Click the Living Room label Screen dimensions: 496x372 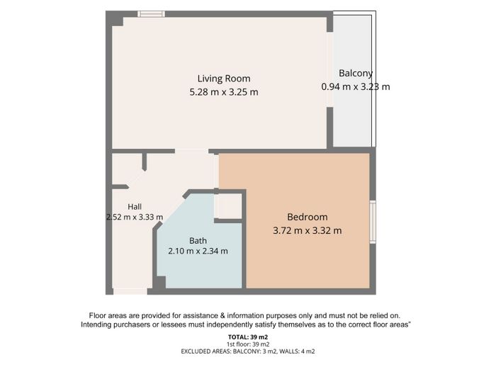pyautogui.click(x=224, y=79)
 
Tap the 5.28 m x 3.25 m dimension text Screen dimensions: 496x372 pyautogui.click(x=224, y=92)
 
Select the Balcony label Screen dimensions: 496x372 pyautogui.click(x=356, y=74)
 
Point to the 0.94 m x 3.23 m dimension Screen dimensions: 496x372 pyautogui.click(x=356, y=86)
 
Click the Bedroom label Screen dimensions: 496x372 pyautogui.click(x=307, y=217)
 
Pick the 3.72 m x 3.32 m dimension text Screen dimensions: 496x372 pyautogui.click(x=307, y=230)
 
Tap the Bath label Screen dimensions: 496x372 pyautogui.click(x=198, y=241)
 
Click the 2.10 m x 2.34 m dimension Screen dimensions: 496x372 pyautogui.click(x=198, y=251)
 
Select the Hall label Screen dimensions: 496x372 pyautogui.click(x=135, y=207)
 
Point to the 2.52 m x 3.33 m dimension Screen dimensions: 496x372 pyautogui.click(x=135, y=217)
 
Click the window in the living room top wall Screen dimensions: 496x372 pyautogui.click(x=151, y=14)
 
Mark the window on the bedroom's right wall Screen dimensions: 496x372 pyautogui.click(x=373, y=222)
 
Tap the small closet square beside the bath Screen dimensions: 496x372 pyautogui.click(x=227, y=206)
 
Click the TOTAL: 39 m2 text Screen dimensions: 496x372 pyautogui.click(x=248, y=337)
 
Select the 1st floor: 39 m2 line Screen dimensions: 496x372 pyautogui.click(x=248, y=344)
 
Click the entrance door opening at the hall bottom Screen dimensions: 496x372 pyautogui.click(x=130, y=291)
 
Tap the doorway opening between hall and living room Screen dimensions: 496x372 pyautogui.click(x=192, y=151)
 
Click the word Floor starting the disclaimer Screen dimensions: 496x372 pyautogui.click(x=98, y=316)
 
